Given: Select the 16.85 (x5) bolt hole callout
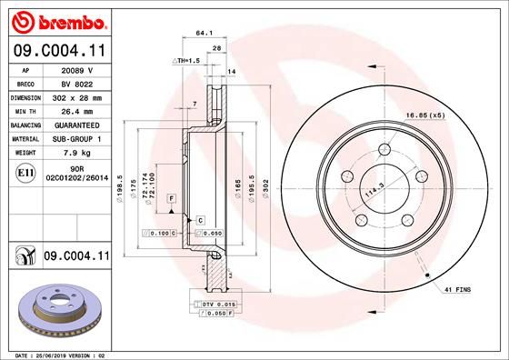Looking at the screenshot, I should tap(424, 115).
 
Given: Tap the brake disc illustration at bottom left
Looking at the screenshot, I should tap(55, 311).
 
